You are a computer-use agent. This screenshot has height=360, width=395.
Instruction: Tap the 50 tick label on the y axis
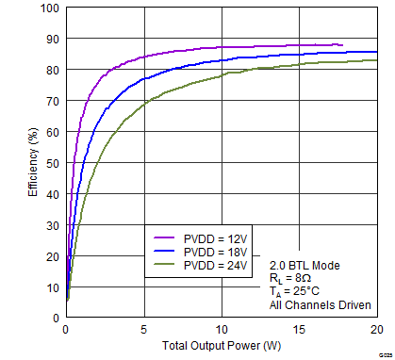coord(51,163)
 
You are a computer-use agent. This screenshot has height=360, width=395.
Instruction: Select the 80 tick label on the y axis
coord(51,70)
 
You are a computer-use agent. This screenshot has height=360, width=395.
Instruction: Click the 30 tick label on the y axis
coord(51,225)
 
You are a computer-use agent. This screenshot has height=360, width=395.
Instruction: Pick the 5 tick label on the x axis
coord(143,330)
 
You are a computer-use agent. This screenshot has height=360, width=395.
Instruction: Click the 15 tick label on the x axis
coord(299,330)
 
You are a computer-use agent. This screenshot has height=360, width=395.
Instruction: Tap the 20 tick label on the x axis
coord(376,330)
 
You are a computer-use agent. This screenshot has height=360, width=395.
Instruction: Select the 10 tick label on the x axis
coord(222,330)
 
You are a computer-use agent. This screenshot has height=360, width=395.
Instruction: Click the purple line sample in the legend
coord(167,239)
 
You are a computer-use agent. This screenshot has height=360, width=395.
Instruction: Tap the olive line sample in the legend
coord(167,267)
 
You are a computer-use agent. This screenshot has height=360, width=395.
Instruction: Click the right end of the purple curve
coord(342,44)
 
